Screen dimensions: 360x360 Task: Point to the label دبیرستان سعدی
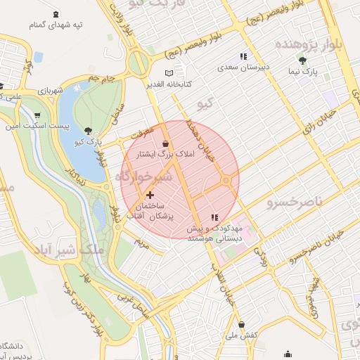pyautogui.click(x=243, y=67)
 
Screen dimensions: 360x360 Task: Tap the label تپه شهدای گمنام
pyautogui.click(x=56, y=25)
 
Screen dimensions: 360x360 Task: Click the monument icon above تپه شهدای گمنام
pyautogui.click(x=56, y=14)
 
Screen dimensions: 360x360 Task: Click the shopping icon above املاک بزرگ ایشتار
pyautogui.click(x=165, y=143)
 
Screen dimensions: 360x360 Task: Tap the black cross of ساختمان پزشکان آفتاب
pyautogui.click(x=150, y=194)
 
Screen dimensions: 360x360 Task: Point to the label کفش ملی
pyautogui.click(x=243, y=335)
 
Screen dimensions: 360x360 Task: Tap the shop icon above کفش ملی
pyautogui.click(x=243, y=324)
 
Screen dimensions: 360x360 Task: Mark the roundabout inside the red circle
pyautogui.click(x=226, y=181)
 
